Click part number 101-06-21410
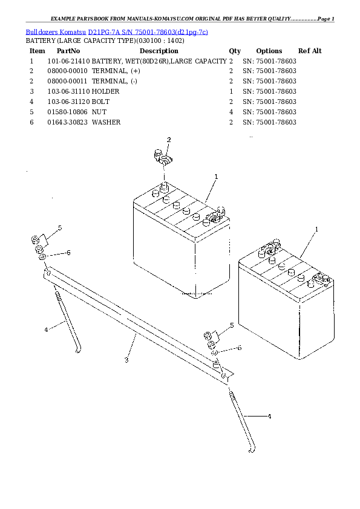click(68, 62)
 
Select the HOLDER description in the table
click(106, 91)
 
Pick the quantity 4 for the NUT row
click(231, 112)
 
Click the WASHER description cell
click(106, 122)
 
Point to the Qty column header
click(235, 51)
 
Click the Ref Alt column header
click(310, 51)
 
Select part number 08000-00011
click(68, 81)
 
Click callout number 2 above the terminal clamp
click(169, 140)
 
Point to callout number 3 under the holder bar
click(126, 360)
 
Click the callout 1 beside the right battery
click(316, 230)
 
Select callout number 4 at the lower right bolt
click(269, 417)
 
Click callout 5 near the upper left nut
click(60, 228)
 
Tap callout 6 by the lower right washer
click(240, 348)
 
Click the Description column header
click(159, 51)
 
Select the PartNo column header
click(68, 51)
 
